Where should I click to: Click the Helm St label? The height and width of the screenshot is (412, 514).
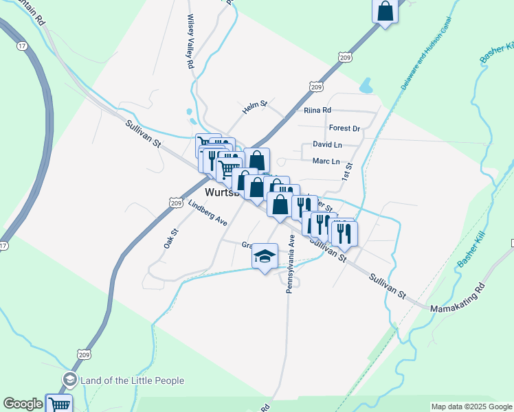pyautogui.click(x=254, y=106)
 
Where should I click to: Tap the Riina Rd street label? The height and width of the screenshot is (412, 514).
pyautogui.click(x=317, y=110)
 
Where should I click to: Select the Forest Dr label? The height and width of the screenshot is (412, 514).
pyautogui.click(x=344, y=128)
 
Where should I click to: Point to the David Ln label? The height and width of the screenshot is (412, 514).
pyautogui.click(x=327, y=145)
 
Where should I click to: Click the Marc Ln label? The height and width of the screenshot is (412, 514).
pyautogui.click(x=326, y=161)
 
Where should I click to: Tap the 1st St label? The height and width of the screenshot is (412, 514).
pyautogui.click(x=348, y=172)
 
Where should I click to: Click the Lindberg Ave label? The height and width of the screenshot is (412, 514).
pyautogui.click(x=208, y=213)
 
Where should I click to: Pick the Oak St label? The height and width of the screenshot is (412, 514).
pyautogui.click(x=168, y=240)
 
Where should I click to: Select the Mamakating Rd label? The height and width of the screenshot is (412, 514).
pyautogui.click(x=458, y=298)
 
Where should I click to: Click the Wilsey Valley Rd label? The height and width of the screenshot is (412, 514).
pyautogui.click(x=190, y=41)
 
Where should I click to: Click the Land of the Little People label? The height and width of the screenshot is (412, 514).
pyautogui.click(x=132, y=380)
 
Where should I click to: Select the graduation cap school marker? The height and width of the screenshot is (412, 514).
pyautogui.click(x=265, y=257)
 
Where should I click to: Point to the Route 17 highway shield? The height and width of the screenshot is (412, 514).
pyautogui.click(x=23, y=46)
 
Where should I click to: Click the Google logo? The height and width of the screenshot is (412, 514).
pyautogui.click(x=23, y=404)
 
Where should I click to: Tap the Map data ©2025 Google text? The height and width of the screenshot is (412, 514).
pyautogui.click(x=470, y=407)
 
